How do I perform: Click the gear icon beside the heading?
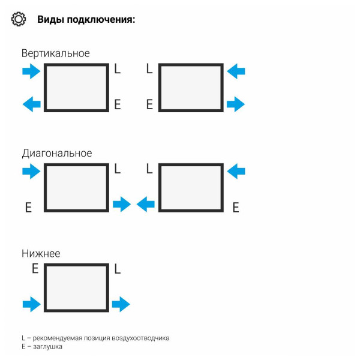[19, 19]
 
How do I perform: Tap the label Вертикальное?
[56, 53]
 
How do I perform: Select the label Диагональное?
[57, 153]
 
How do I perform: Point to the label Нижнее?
[41, 253]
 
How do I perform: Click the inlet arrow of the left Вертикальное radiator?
[31, 72]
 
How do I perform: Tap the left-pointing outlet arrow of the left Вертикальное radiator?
[31, 104]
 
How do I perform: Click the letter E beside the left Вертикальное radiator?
[118, 104]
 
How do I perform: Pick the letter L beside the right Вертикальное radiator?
[149, 69]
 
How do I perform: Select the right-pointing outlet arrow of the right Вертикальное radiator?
[236, 104]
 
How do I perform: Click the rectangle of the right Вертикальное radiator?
[191, 88]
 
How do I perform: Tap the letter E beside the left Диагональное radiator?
[28, 208]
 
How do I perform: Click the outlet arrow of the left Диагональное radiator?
[122, 205]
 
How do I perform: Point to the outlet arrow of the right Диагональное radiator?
[145, 205]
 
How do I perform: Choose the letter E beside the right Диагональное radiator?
[236, 208]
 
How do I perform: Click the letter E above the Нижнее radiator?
[35, 269]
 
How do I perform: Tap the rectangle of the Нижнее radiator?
[77, 287]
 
